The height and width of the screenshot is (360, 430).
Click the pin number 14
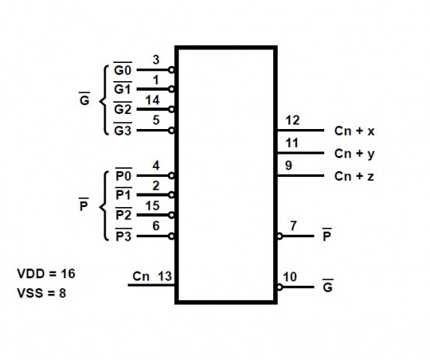click(152, 100)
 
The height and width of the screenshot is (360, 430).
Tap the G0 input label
click(122, 69)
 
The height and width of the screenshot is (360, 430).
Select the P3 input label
click(123, 235)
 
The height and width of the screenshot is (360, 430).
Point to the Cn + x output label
click(354, 131)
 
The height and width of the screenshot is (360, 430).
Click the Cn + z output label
click(354, 176)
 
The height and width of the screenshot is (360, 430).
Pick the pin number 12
click(293, 121)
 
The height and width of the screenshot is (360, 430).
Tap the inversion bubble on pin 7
click(279, 236)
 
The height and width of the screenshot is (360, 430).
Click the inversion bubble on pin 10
click(279, 287)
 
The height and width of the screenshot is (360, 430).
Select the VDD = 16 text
click(46, 274)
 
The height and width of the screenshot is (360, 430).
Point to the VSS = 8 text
click(42, 293)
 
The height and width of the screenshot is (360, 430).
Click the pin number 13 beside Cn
click(165, 277)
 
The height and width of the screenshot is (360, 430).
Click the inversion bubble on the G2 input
click(171, 109)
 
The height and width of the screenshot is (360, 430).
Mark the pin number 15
click(152, 205)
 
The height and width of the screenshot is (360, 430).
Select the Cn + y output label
click(354, 154)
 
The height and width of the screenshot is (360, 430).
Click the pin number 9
click(288, 166)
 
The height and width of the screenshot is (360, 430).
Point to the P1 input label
click(123, 193)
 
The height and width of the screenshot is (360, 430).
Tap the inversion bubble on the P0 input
click(171, 175)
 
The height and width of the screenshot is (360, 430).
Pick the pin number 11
click(292, 143)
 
